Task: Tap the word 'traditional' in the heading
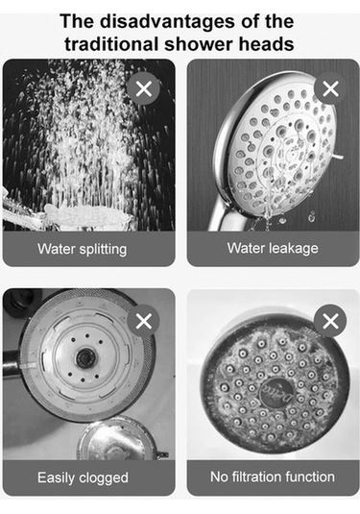pyautogui.click(x=111, y=44)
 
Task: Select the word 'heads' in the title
pyautogui.click(x=266, y=44)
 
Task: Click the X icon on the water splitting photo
pyautogui.click(x=144, y=88)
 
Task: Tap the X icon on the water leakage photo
pyautogui.click(x=330, y=88)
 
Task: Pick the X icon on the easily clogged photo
pyautogui.click(x=144, y=321)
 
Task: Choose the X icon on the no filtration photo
pyautogui.click(x=330, y=321)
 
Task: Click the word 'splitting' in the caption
pyautogui.click(x=103, y=249)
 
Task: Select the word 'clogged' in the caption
pyautogui.click(x=104, y=477)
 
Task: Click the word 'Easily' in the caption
pyautogui.click(x=57, y=477)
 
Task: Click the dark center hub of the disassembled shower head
pyautogui.click(x=85, y=358)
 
